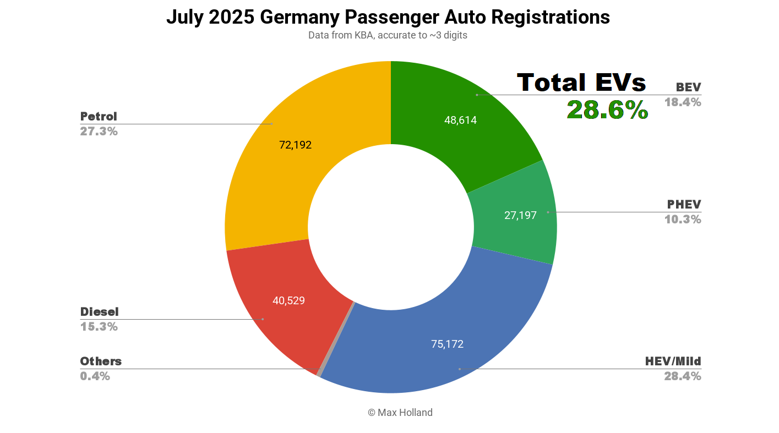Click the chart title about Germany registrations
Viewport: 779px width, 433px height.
point(388,17)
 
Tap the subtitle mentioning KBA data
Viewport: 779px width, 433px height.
point(388,36)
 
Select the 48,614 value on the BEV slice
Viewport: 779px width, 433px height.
point(460,120)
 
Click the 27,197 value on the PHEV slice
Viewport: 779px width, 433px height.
point(520,215)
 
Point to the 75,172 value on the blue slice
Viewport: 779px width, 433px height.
point(447,344)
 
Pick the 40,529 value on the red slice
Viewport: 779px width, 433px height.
point(288,300)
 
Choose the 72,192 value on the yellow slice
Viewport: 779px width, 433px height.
point(295,145)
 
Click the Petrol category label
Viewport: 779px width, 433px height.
point(99,117)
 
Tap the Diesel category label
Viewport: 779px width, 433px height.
point(99,312)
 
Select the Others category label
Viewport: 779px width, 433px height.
point(101,361)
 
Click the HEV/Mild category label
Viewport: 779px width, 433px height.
point(673,361)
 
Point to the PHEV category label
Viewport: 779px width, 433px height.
point(684,205)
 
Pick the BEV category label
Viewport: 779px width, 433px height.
point(688,87)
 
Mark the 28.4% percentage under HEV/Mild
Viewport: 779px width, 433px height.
point(683,376)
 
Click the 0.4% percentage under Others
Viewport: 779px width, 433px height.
point(95,376)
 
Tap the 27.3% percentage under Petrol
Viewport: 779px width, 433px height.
point(99,131)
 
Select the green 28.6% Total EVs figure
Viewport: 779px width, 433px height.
point(607,110)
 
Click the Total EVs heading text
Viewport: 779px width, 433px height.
point(581,83)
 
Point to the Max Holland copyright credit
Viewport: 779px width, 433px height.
point(400,413)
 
